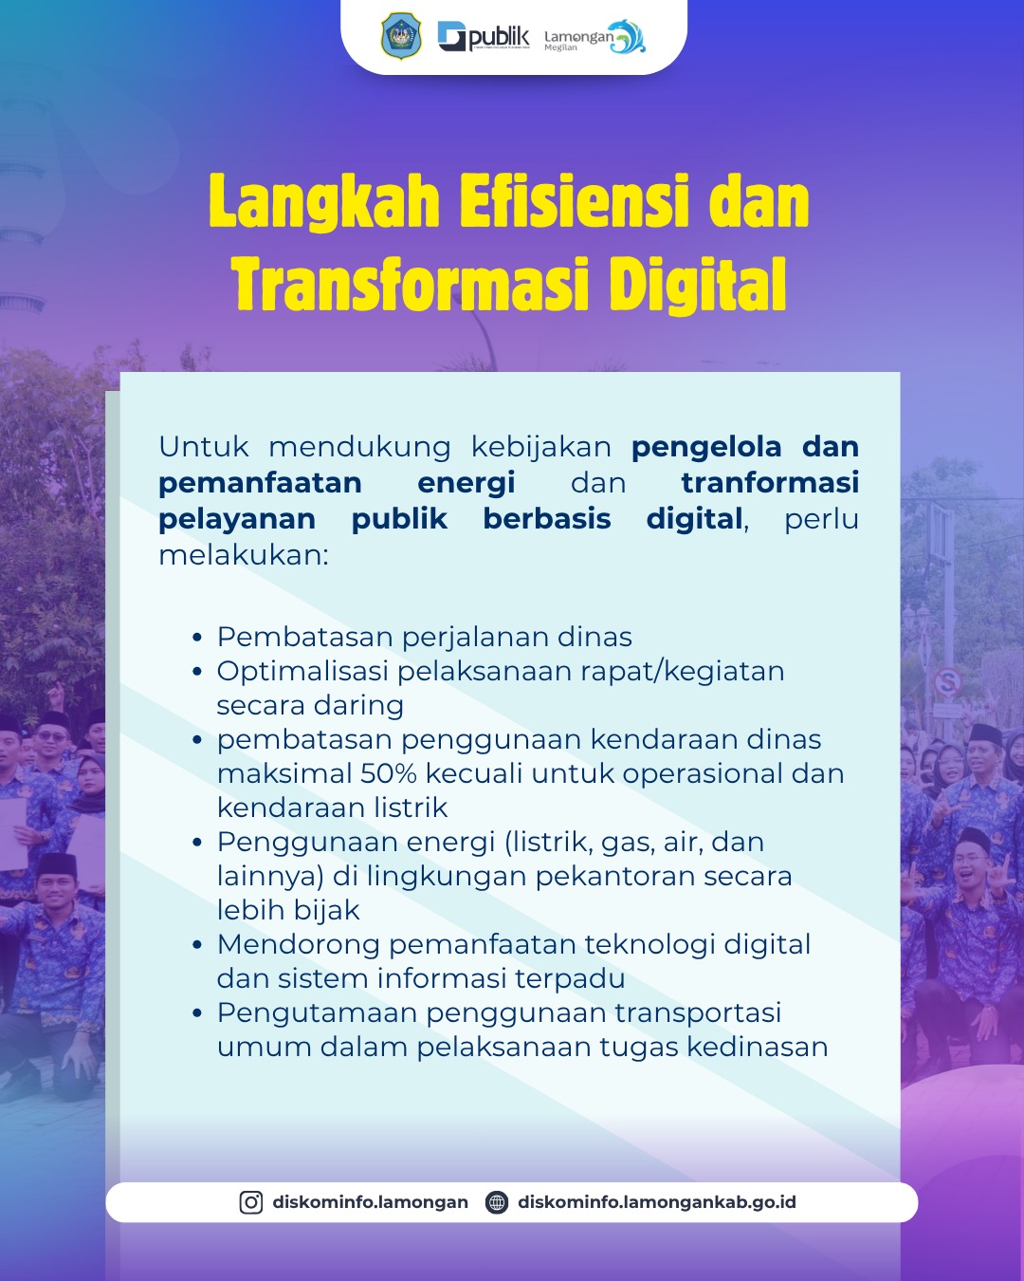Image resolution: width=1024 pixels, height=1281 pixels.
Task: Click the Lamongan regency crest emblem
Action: click(x=401, y=36)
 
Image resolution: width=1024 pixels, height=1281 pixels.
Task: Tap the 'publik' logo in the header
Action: click(x=484, y=37)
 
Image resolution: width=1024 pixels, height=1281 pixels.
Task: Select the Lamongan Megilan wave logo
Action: click(x=595, y=37)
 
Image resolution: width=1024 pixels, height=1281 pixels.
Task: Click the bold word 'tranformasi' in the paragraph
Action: click(x=770, y=482)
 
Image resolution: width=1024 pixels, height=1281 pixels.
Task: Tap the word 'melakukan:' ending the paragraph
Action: click(x=244, y=555)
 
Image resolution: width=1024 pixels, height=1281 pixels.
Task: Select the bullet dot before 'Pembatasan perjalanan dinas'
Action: click(x=198, y=638)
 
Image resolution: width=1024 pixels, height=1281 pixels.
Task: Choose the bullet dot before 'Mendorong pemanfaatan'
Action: click(x=198, y=945)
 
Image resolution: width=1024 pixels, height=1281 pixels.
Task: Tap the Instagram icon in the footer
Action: click(x=251, y=1202)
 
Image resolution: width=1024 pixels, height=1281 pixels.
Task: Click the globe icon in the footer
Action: click(x=496, y=1202)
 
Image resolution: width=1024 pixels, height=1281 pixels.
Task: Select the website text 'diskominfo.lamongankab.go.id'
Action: click(x=657, y=1202)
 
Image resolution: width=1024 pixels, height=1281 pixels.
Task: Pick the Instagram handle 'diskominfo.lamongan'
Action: click(x=370, y=1202)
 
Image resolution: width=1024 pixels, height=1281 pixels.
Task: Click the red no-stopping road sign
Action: click(x=946, y=681)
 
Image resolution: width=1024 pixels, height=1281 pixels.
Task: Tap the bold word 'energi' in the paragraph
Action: click(x=466, y=483)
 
